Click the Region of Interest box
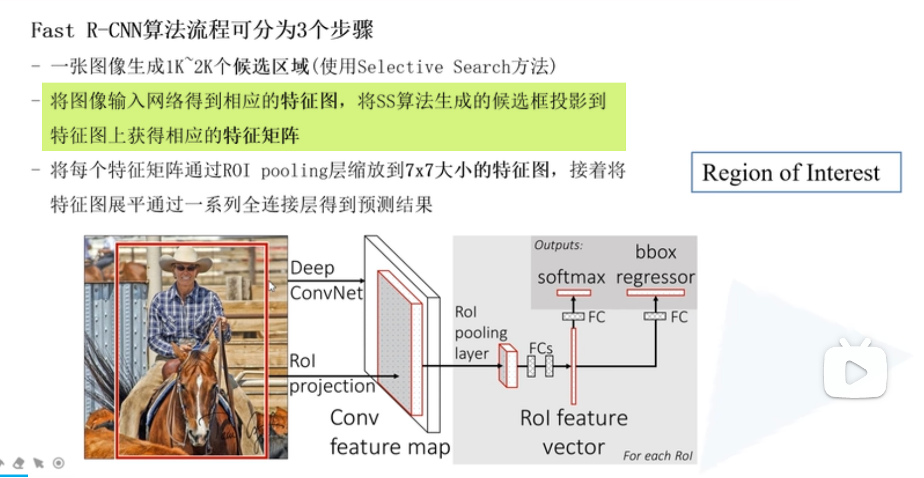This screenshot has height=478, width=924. click(795, 173)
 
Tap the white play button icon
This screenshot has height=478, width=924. click(855, 371)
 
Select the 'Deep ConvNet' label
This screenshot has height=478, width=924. click(326, 280)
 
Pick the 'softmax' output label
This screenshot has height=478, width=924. click(571, 277)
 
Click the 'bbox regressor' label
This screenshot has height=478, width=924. click(656, 265)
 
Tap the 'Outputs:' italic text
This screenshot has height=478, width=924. click(558, 245)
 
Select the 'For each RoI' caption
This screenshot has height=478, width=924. click(658, 456)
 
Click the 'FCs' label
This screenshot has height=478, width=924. click(541, 348)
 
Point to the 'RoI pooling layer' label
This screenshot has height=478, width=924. click(481, 333)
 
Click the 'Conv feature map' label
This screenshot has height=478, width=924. click(389, 432)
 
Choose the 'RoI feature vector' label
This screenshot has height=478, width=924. click(574, 432)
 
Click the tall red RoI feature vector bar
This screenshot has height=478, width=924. click(573, 366)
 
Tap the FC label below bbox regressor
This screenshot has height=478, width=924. click(679, 317)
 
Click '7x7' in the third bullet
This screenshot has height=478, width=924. click(419, 170)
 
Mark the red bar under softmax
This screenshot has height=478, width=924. click(573, 292)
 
